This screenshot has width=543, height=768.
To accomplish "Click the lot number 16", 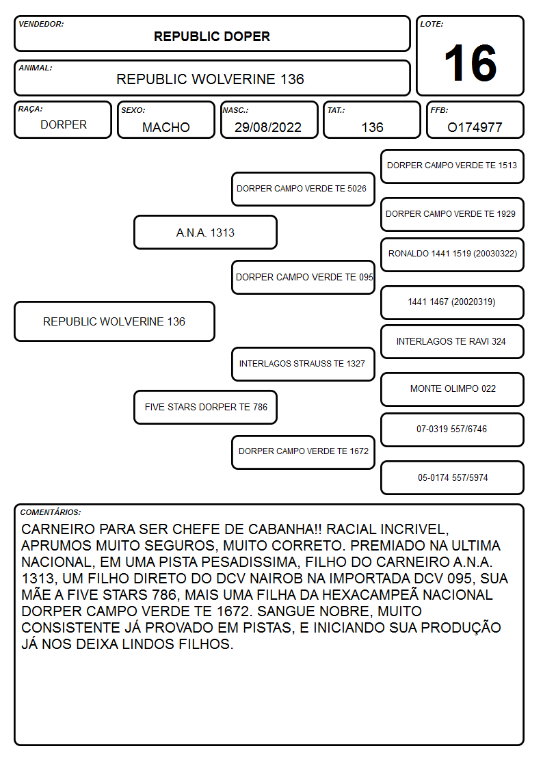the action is [470, 63].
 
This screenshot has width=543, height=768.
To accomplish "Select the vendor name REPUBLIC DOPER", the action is [212, 37].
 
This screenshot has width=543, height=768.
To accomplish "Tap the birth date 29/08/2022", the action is [268, 127].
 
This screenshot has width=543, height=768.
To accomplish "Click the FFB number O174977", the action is [475, 127].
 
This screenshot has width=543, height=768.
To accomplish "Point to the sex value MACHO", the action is [166, 127].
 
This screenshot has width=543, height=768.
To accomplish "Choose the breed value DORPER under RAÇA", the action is [64, 125].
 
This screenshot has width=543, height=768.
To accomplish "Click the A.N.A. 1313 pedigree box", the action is [206, 233].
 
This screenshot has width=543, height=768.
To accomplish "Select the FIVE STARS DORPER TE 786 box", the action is [206, 407].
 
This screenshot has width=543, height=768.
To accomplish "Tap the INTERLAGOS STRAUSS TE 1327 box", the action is [303, 364].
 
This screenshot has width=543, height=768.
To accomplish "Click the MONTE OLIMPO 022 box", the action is [453, 389].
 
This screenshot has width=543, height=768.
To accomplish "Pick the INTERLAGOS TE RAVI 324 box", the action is [453, 342].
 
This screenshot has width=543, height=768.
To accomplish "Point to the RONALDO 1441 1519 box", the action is [453, 254].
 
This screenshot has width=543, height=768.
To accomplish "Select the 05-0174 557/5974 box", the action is [453, 477].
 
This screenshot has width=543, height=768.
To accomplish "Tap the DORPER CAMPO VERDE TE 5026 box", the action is [303, 189].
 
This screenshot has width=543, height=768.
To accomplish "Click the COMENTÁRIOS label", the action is [51, 512].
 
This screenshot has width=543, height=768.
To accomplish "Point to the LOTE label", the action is [432, 24].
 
